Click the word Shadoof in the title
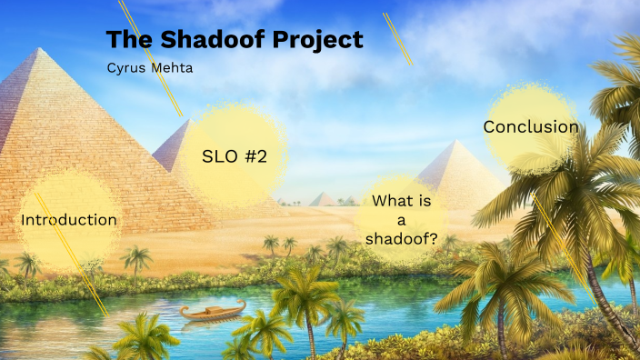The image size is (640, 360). tap(193, 40)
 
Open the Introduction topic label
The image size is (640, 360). tap(69, 220)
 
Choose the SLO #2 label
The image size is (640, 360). tap(234, 155)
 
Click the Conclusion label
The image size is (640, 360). tap(531, 127)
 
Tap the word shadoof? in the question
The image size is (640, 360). tap(401, 240)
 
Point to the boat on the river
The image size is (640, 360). tap(212, 312)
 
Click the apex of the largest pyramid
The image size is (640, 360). tap(35, 50)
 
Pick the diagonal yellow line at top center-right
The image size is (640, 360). tap(398, 39)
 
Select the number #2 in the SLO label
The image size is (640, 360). tap(255, 155)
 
